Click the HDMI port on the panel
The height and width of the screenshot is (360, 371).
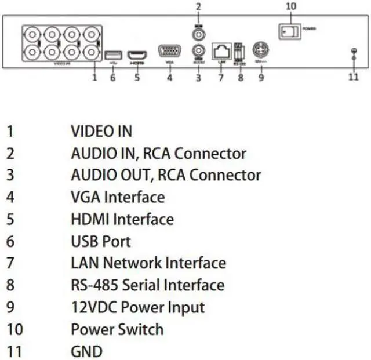coord(137,55)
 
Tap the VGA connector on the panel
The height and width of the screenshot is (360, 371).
coord(169,51)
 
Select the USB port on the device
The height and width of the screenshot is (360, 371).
coord(112,55)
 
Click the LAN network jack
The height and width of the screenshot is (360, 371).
coord(220,51)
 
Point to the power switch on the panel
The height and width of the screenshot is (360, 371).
coord(289,31)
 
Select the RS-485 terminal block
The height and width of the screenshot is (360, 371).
coord(239,52)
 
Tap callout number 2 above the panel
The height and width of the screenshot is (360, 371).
coord(198,7)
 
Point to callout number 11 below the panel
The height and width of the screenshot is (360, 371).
coord(353,77)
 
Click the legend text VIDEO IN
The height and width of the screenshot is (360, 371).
coord(101,131)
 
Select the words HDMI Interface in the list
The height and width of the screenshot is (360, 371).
coord(122,219)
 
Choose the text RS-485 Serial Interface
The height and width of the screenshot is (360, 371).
coord(147,285)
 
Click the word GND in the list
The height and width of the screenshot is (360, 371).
coord(86,351)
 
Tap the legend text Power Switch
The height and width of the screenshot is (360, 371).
coord(117,329)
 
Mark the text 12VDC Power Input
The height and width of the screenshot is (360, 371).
coord(137,307)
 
